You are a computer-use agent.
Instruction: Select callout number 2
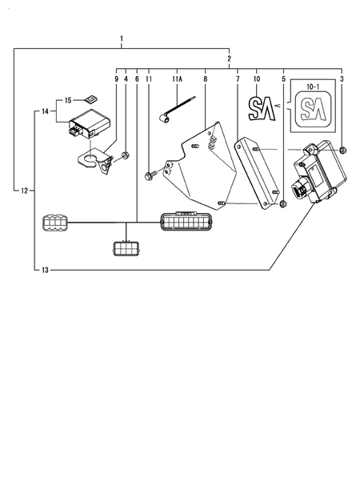(229, 58)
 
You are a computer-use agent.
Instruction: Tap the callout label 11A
(178, 79)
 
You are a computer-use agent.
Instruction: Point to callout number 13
(45, 271)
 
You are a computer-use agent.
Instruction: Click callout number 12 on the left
(24, 191)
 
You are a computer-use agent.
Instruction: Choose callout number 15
(69, 100)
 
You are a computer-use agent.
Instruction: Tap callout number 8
(205, 79)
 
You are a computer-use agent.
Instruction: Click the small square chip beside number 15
(92, 100)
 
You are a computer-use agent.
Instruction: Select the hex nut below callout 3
(342, 150)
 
